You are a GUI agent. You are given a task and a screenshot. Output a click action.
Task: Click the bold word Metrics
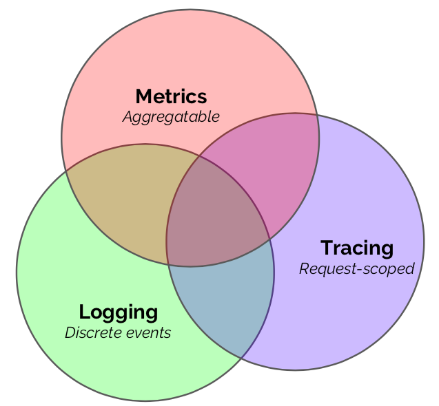[x=171, y=96]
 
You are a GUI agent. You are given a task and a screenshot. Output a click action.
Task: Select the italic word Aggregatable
[x=171, y=117]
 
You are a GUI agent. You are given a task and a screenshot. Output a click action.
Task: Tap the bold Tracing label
[x=357, y=248]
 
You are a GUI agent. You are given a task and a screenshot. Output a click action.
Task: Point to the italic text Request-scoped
[x=356, y=268]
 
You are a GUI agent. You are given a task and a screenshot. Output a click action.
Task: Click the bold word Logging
[x=119, y=312]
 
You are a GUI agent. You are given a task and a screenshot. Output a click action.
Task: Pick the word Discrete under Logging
[x=90, y=333]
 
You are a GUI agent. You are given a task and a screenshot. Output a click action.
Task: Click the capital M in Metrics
[x=143, y=96]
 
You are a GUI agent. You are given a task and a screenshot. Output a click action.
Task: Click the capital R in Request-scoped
[x=304, y=268]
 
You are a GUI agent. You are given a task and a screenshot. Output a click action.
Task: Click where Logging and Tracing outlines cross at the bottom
[x=241, y=358]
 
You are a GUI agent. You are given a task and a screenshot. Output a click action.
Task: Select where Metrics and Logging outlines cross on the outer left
[x=65, y=171]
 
